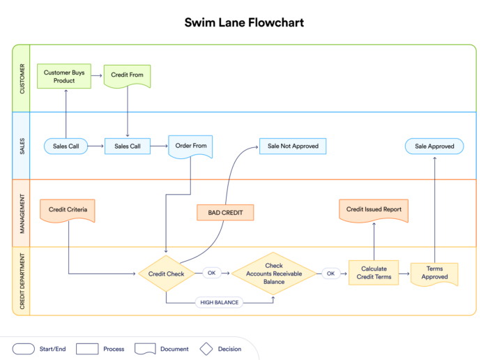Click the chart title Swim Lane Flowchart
244,22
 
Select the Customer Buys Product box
64,76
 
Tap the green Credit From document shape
127,75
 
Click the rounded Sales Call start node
66,147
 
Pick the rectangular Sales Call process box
128,147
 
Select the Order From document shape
190,147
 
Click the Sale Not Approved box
293,146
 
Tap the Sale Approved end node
434,146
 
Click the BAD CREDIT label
225,212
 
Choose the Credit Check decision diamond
166,273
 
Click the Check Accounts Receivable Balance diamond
274,273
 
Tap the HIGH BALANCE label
220,302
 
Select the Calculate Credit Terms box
374,273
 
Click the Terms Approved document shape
434,273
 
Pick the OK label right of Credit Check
211,273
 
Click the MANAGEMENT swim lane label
22,213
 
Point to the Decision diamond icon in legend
206,349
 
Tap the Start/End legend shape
24,349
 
